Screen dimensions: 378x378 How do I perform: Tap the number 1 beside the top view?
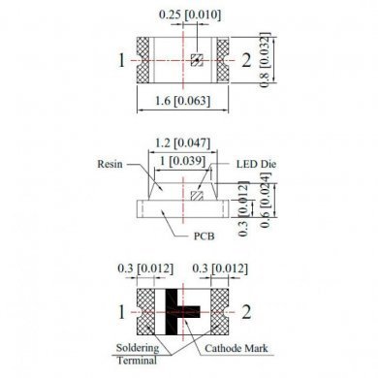(122, 61)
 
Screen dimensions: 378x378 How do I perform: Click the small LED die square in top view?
(196, 60)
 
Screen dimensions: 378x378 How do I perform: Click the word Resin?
(110, 166)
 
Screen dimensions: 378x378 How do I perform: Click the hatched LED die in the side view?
(197, 195)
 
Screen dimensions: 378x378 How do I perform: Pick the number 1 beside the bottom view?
(122, 312)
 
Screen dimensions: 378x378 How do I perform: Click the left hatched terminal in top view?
(146, 60)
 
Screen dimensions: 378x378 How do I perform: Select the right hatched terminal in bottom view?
(222, 312)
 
